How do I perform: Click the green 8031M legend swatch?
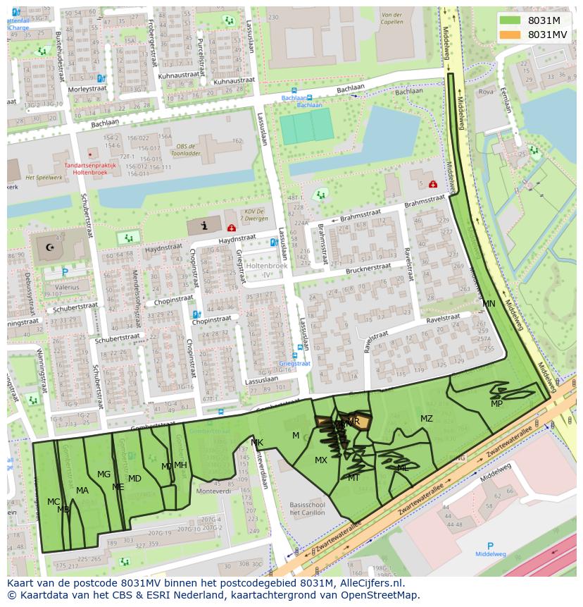point(511,20)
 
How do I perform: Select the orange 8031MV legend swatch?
point(511,35)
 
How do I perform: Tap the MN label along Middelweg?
point(489,304)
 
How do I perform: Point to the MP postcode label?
point(497,404)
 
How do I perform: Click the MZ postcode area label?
point(427,419)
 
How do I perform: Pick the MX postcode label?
point(321,460)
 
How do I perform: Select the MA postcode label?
point(82,491)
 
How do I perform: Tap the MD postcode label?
point(134,479)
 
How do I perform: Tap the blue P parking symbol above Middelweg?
point(490,545)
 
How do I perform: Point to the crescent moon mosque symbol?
point(50,248)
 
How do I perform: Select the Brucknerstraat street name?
point(368,269)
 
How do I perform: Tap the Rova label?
point(486,92)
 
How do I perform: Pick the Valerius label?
point(58,288)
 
